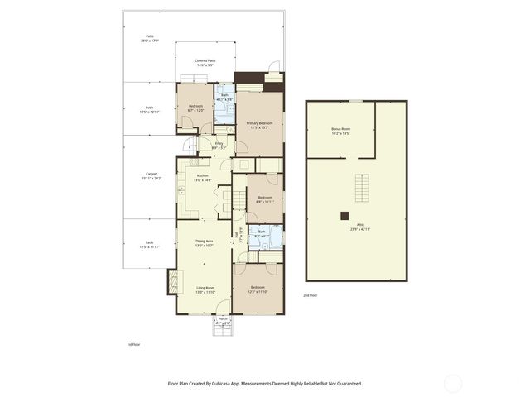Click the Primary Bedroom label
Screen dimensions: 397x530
pyautogui.click(x=259, y=125)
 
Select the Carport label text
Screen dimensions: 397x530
pyautogui.click(x=151, y=175)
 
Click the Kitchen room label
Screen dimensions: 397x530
pyautogui.click(x=203, y=177)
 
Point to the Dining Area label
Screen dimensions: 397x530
pyautogui.click(x=204, y=243)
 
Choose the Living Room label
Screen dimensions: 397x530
pyautogui.click(x=204, y=289)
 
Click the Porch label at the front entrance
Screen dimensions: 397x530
pyautogui.click(x=222, y=320)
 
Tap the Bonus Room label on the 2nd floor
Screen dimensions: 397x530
pyautogui.click(x=340, y=131)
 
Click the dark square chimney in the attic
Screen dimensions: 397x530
pyautogui.click(x=344, y=216)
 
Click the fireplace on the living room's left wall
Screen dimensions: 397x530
pyautogui.click(x=173, y=282)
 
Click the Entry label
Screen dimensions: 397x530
pyautogui.click(x=219, y=146)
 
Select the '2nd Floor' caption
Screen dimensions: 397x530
pyautogui.click(x=309, y=294)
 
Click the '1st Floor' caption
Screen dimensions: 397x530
pyautogui.click(x=133, y=342)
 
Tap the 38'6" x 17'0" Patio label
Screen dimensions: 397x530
pyautogui.click(x=150, y=39)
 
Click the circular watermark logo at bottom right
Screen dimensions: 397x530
pyautogui.click(x=453, y=383)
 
